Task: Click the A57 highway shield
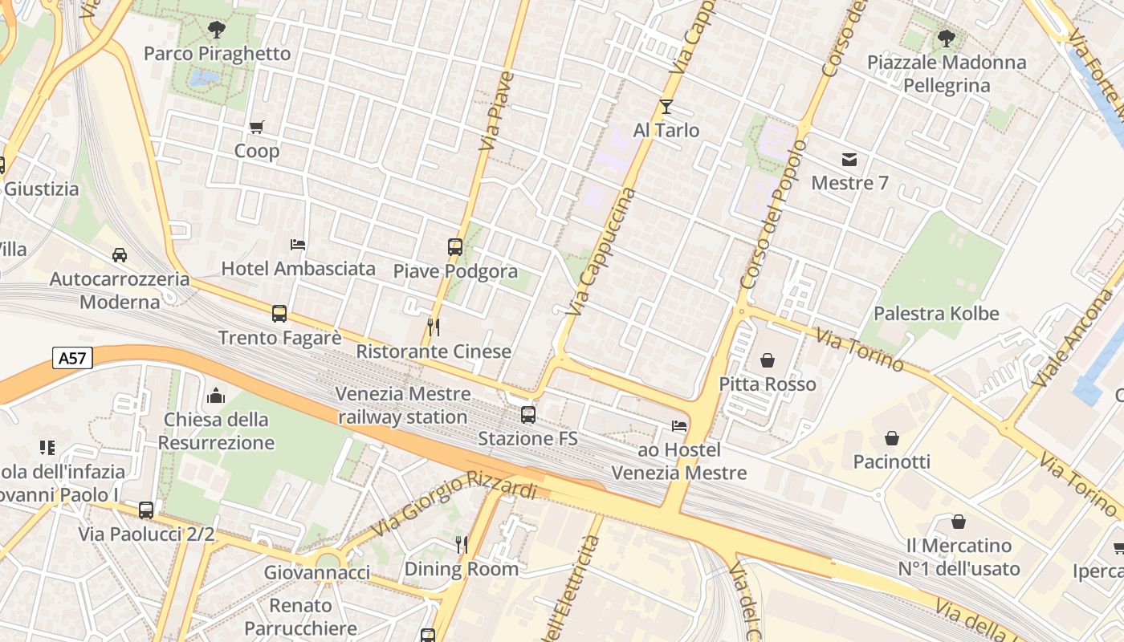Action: click(x=72, y=358)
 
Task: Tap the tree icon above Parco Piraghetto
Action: click(x=216, y=30)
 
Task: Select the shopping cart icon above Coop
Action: click(x=257, y=127)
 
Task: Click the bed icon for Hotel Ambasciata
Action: click(x=298, y=244)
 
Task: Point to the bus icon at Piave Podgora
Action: click(x=455, y=247)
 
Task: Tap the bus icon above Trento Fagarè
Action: click(x=279, y=314)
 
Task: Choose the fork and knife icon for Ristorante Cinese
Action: click(x=434, y=327)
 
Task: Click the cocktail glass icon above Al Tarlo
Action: click(x=666, y=107)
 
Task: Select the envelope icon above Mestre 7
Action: click(x=849, y=159)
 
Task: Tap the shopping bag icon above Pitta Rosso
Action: click(x=768, y=360)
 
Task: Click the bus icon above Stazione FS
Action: click(x=528, y=415)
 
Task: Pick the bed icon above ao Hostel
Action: click(x=679, y=426)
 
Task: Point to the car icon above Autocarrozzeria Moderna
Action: click(x=120, y=255)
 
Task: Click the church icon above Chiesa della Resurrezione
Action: click(x=216, y=396)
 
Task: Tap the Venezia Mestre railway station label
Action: click(x=403, y=405)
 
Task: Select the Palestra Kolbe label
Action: click(x=936, y=313)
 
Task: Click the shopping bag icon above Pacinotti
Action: click(x=891, y=438)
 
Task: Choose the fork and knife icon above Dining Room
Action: click(x=461, y=545)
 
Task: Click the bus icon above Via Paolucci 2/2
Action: click(x=146, y=510)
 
